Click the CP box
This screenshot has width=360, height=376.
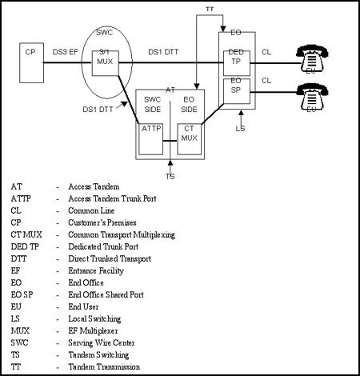click(x=31, y=63)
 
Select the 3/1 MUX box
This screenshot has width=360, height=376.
click(x=106, y=63)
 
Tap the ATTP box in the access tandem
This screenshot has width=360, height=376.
click(x=151, y=139)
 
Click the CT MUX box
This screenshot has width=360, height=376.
click(x=190, y=139)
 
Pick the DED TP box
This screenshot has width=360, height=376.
click(x=237, y=63)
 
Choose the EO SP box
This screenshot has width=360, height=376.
click(x=237, y=91)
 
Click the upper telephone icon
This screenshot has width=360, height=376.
click(x=312, y=59)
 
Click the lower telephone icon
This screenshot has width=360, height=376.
click(x=312, y=98)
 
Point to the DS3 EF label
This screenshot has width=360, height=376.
click(x=66, y=52)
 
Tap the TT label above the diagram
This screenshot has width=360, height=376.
click(x=210, y=9)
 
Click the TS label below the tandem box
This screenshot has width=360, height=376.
click(x=170, y=177)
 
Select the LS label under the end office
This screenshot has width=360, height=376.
click(x=240, y=129)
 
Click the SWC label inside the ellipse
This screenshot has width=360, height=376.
click(x=105, y=33)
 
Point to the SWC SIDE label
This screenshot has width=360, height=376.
click(x=153, y=105)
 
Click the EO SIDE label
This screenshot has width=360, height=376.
click(x=189, y=105)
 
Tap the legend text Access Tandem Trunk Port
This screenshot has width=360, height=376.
click(x=112, y=198)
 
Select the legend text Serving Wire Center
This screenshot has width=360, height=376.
click(x=102, y=342)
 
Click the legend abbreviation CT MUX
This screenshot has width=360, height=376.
click(x=26, y=234)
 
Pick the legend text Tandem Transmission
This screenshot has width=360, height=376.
click(x=104, y=366)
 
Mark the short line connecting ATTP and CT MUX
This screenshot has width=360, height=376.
click(x=170, y=141)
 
